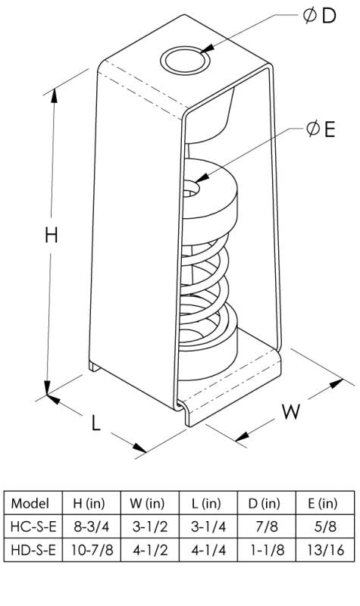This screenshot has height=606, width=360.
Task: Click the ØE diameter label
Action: tap(320, 130)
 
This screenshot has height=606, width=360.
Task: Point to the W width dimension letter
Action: tap(292, 411)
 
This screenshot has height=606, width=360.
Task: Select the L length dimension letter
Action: tap(96, 423)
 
